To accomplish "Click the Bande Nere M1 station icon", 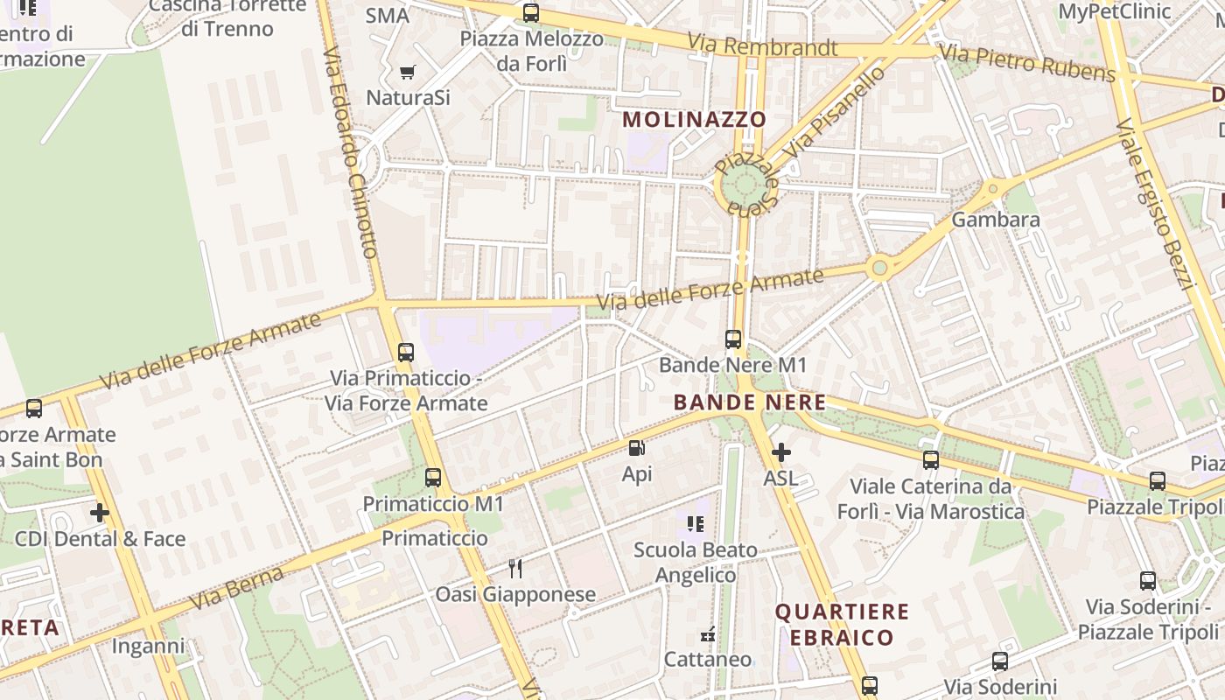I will tap(733, 339).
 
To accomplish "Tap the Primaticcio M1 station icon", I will tap(433, 478).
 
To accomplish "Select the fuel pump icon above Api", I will tap(637, 449).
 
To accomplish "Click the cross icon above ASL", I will tap(780, 452).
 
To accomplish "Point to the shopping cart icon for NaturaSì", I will tap(408, 72).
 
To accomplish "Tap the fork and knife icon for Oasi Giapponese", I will tap(515, 569).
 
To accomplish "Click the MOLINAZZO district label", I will tap(694, 119).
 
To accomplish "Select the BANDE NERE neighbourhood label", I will tap(750, 402).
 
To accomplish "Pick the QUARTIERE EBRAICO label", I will tap(842, 624).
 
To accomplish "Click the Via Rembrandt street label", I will tap(762, 45).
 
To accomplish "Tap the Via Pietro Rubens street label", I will tap(1029, 64).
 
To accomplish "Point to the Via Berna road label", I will tap(237, 588).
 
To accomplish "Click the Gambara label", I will tap(996, 219).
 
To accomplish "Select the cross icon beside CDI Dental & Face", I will tap(100, 513).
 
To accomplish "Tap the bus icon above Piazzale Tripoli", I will tap(1158, 480).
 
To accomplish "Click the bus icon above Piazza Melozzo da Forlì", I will tap(531, 13).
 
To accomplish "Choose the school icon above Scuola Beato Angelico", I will tap(696, 524).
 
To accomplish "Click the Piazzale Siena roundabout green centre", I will tap(745, 185).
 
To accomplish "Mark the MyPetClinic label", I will tap(1114, 11).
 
